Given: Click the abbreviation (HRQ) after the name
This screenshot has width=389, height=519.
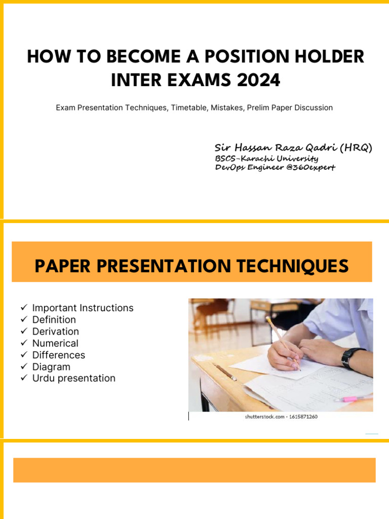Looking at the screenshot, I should tap(356, 147).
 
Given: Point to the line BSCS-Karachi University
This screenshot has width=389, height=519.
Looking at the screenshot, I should tap(266, 159).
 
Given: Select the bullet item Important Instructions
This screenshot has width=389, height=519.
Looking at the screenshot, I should tap(83, 308).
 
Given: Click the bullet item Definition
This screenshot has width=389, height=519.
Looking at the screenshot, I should tap(54, 319).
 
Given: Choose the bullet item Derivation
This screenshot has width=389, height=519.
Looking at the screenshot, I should tap(55, 331).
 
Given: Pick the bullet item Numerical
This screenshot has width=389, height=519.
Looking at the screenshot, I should tap(55, 343).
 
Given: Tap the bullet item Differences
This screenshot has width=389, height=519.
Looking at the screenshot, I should tap(58, 355).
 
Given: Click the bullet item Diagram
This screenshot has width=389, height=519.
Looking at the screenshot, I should tap(51, 366).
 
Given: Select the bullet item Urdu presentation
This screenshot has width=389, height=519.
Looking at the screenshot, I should tap(73, 378).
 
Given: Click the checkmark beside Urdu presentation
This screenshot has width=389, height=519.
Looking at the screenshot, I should tap(23, 378).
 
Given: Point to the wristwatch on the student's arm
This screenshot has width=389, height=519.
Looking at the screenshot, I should tap(352, 357).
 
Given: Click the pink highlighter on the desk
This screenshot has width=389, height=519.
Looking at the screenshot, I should tap(353, 398).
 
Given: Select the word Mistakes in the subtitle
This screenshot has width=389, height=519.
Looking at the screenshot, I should tap(226, 107).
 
